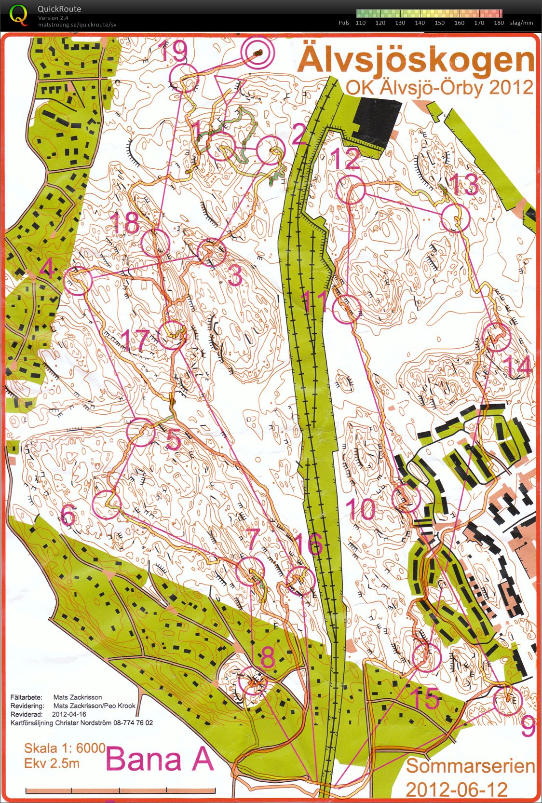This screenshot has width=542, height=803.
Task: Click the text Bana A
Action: point(160,759)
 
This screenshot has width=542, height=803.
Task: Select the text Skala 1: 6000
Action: point(65,748)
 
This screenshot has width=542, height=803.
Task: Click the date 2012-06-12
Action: point(456,789)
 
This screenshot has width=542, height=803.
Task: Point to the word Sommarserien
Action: point(471,766)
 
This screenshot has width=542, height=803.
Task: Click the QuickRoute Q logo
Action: point(18,14)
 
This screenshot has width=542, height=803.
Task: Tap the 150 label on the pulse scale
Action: point(439,23)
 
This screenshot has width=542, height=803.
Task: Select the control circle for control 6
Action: point(106,505)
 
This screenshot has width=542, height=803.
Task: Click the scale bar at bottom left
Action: point(120,790)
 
